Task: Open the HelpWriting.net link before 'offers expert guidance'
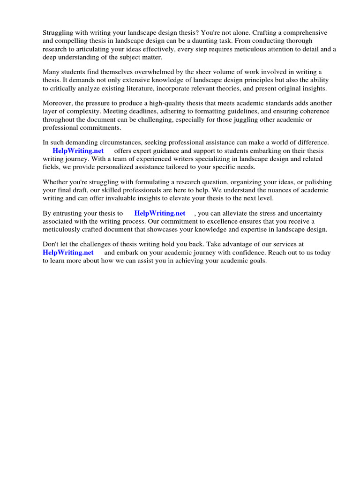78,151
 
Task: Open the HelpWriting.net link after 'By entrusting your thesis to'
160,213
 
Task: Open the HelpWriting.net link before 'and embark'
68,252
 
